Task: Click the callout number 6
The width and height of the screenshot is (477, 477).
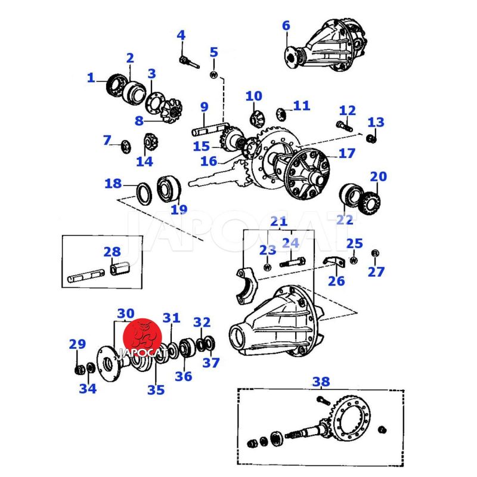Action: coord(286,26)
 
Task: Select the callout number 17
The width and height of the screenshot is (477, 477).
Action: coord(346,153)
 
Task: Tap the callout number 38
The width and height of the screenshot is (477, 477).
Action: coord(321,382)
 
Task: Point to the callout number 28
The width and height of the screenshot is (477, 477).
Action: coord(111,252)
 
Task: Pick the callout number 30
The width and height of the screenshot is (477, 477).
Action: coord(126,314)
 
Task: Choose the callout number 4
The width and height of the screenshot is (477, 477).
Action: coord(181,36)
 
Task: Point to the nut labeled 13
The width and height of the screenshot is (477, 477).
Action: coord(371,139)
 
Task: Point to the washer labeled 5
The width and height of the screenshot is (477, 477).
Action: coord(214,75)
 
